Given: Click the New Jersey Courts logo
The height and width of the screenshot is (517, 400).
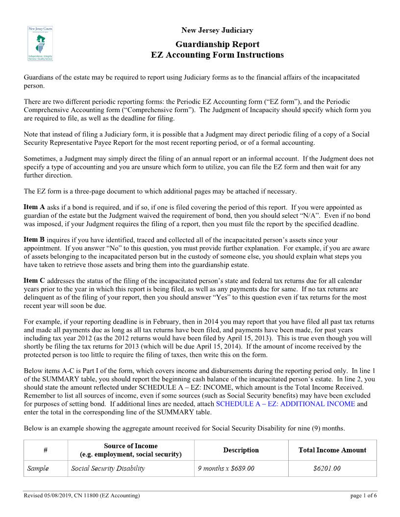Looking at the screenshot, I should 40,44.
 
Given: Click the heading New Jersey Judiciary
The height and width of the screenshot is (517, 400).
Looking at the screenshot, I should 217,31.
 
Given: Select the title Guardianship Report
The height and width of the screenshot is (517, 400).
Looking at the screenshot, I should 217,44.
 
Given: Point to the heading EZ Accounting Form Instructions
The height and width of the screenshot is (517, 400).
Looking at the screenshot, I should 217,55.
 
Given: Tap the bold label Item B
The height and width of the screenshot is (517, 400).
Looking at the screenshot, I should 34,239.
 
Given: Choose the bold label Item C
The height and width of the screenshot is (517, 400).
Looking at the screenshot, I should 34,280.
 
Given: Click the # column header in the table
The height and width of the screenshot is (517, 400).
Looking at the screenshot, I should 45,450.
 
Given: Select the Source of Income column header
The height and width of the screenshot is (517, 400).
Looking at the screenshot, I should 130,450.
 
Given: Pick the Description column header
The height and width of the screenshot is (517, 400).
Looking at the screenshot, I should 241,450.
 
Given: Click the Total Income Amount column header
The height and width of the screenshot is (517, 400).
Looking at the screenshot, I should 332,450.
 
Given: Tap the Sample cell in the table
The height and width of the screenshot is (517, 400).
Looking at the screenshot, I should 38,469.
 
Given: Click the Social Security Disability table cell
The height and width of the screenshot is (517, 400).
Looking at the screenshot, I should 108,469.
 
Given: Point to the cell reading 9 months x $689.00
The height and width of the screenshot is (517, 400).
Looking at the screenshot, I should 226,469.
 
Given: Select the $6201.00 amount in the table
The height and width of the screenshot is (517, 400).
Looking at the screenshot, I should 326,469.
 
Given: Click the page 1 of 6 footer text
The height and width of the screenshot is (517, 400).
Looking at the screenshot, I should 364,496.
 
